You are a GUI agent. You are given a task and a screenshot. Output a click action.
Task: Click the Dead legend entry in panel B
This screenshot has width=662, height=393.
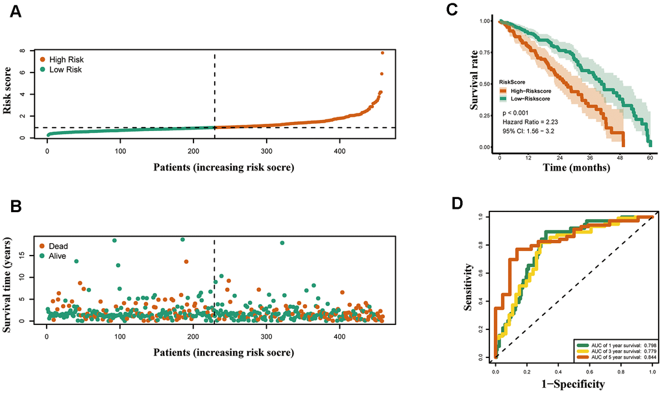[55, 246]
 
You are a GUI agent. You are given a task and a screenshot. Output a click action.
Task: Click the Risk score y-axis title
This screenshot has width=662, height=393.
[9, 93]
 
